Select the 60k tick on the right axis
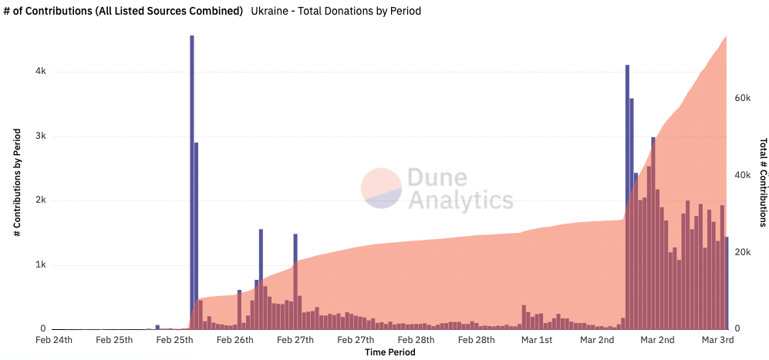[740, 99]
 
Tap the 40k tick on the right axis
[740, 176]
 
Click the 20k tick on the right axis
[740, 253]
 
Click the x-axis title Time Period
[390, 352]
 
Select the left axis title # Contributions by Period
[17, 181]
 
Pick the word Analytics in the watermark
[460, 200]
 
